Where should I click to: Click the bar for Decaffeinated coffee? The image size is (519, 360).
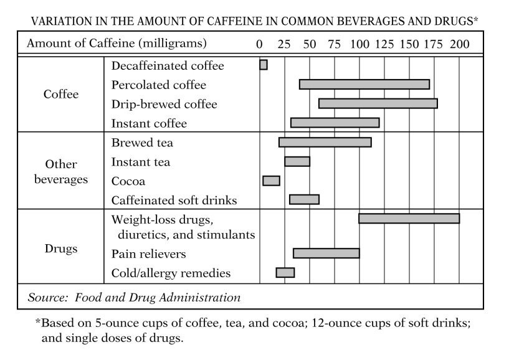264,65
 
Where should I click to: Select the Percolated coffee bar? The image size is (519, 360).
364,85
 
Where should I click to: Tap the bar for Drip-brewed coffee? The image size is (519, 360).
378,103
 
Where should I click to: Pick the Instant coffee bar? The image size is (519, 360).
335,123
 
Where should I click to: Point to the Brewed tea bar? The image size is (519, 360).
325,142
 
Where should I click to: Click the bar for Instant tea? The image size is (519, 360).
297,162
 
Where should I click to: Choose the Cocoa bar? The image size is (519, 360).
271,181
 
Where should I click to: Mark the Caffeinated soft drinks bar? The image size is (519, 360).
304,199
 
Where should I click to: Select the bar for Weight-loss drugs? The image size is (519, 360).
409,219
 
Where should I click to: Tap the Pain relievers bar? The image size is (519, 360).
326,253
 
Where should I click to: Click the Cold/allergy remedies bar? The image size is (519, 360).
285,272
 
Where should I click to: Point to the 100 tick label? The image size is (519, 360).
359,44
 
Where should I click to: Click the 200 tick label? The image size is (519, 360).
460,44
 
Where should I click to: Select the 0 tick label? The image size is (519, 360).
260,44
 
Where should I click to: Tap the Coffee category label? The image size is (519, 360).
61,94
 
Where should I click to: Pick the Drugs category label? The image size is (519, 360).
61,249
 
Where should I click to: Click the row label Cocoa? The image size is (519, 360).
128,181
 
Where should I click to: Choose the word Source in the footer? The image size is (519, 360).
47,298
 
